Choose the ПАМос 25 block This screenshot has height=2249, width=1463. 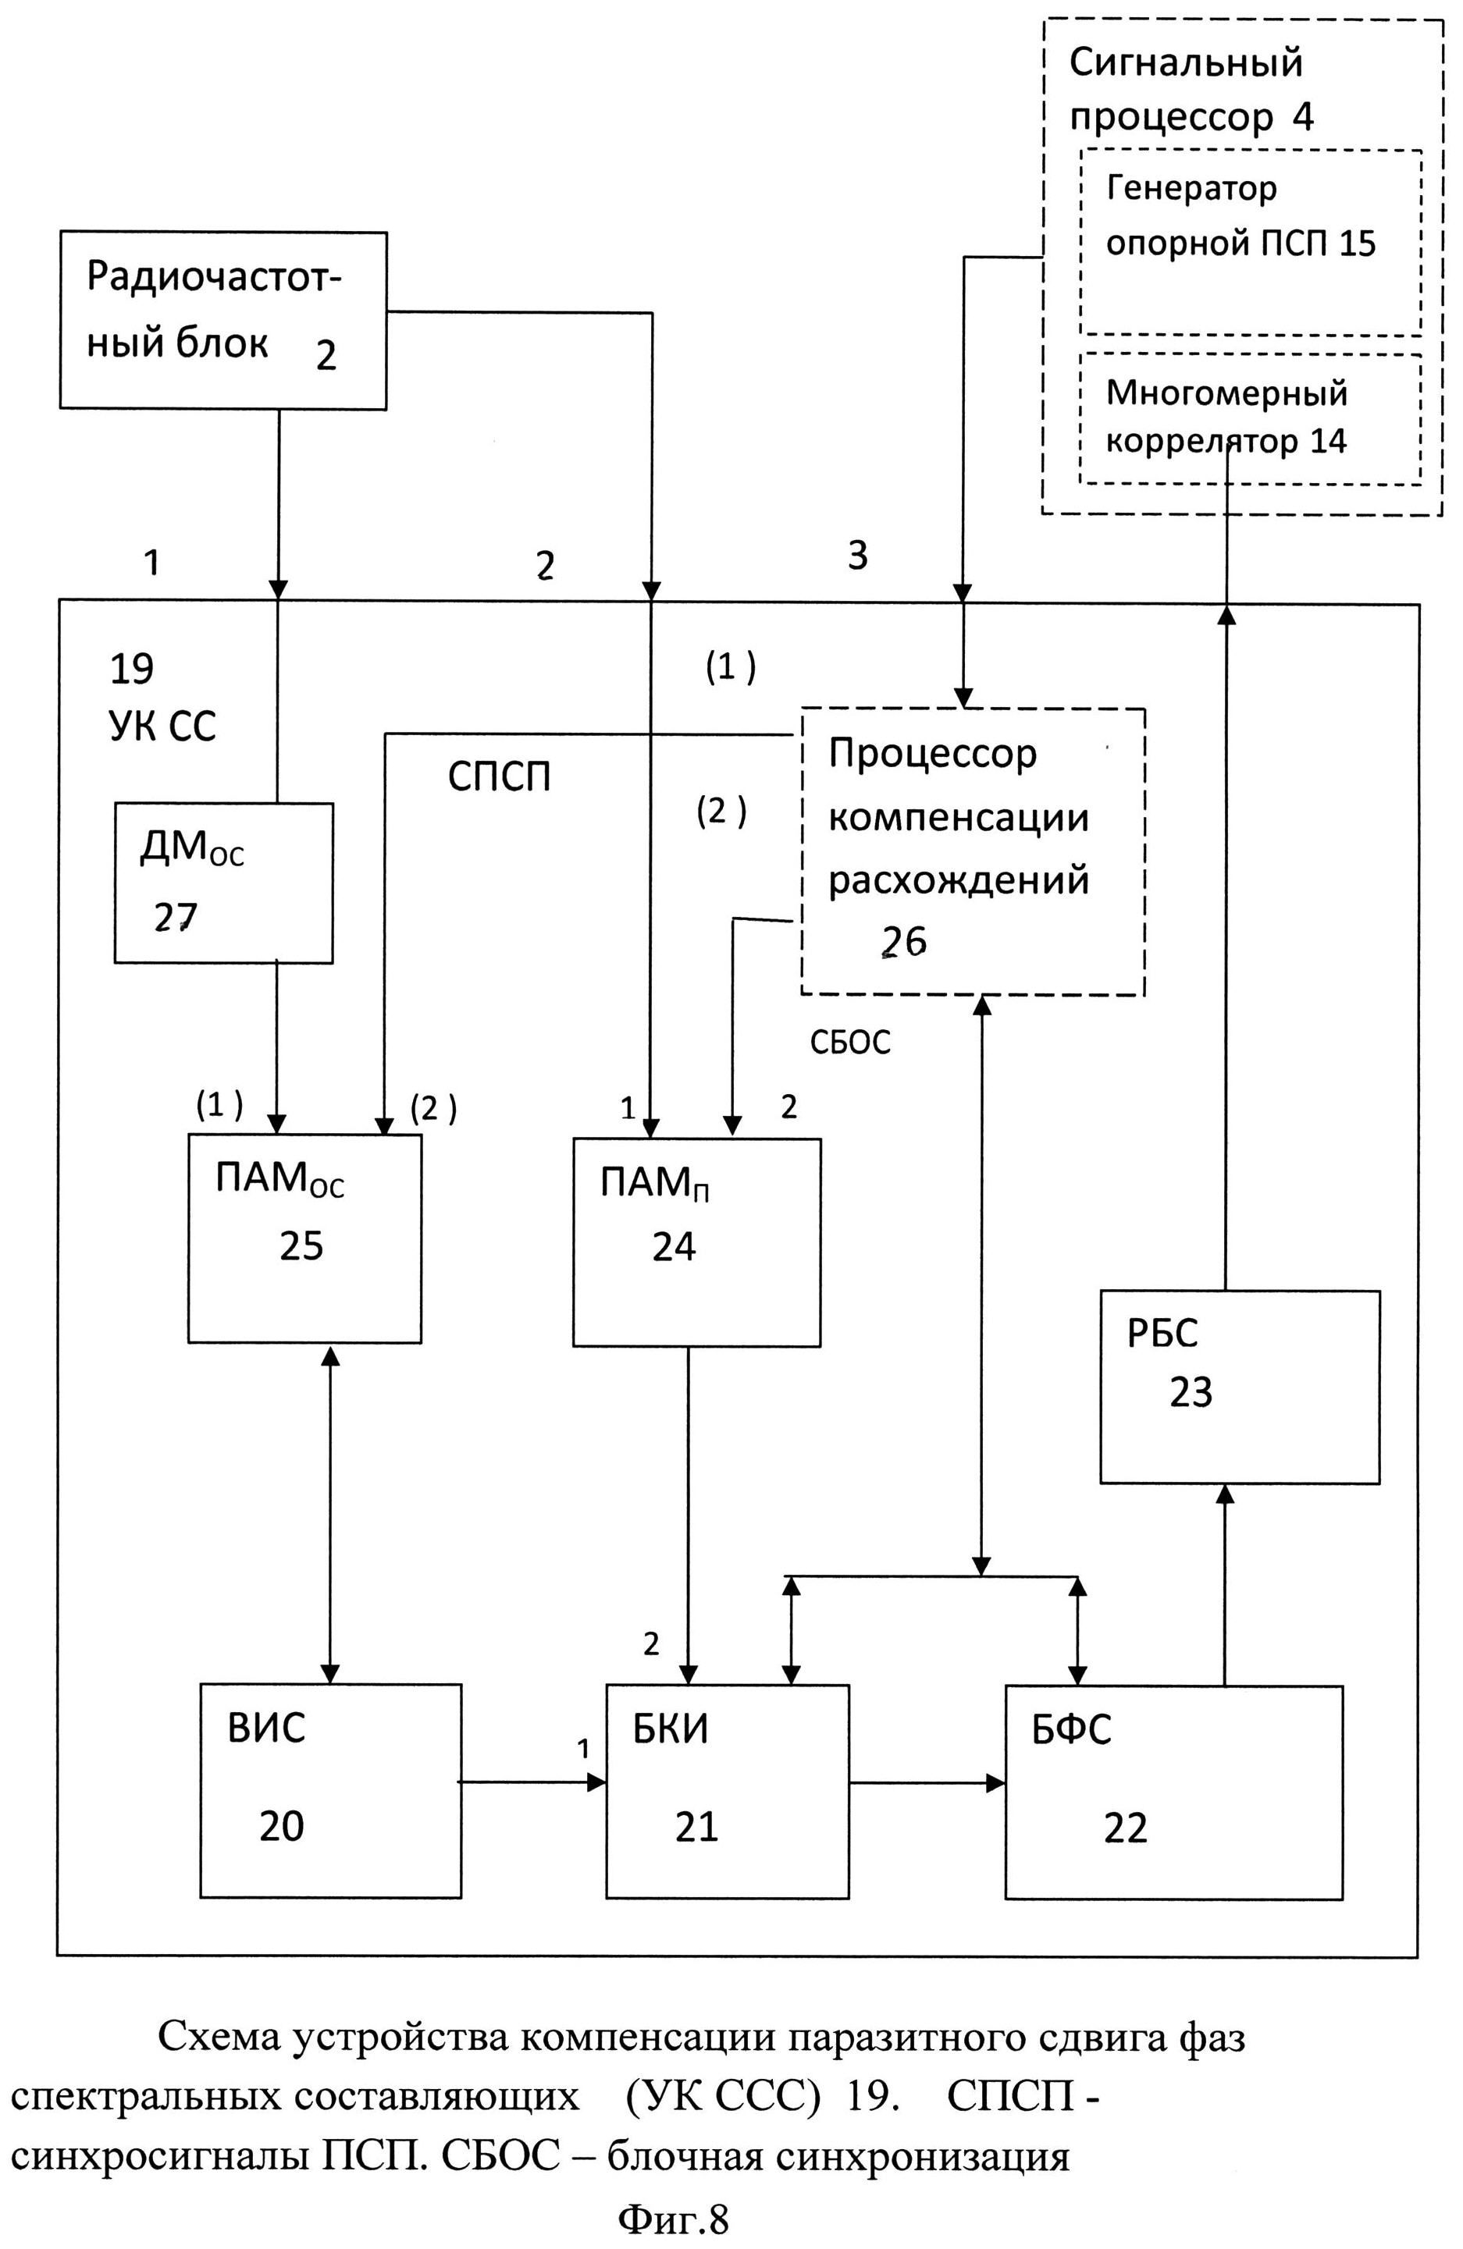click(304, 1237)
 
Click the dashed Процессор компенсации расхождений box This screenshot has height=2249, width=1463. click(973, 850)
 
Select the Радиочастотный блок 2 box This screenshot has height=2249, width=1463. click(223, 319)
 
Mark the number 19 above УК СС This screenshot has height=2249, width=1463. click(131, 669)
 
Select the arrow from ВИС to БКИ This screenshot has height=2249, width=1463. click(533, 1782)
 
